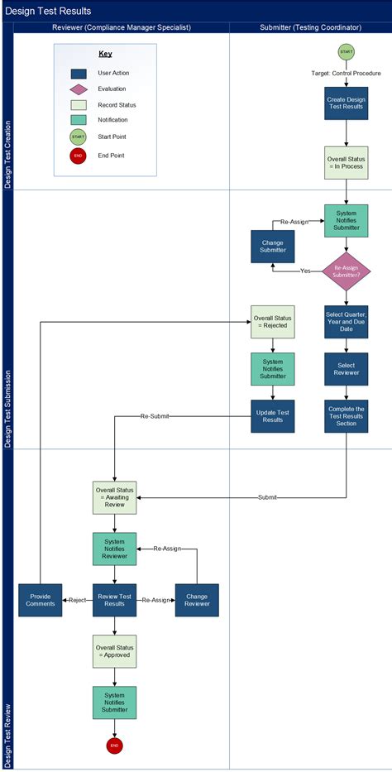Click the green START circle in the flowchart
[347, 52]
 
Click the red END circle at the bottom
[114, 746]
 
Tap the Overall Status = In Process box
[347, 162]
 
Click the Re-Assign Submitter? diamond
[347, 271]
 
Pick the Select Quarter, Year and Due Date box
[347, 323]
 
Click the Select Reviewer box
[347, 369]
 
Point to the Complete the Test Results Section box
[347, 416]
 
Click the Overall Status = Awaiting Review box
[114, 496]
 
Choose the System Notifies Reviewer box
[114, 549]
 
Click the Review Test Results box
[114, 600]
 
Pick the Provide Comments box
[41, 600]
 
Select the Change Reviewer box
[197, 600]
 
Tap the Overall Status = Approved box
[114, 651]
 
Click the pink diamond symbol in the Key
[78, 89]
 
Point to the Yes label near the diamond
[305, 271]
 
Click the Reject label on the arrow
[78, 600]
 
